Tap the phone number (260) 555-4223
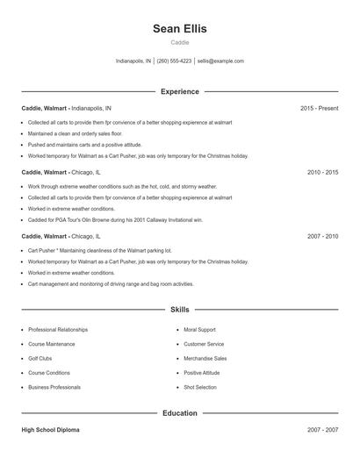coord(174,61)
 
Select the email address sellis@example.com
coord(220,61)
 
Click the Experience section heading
coord(179,91)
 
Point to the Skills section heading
coord(179,310)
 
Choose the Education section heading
coord(179,412)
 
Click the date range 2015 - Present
coord(319,108)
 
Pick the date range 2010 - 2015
coord(322,173)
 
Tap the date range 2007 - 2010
coord(322,237)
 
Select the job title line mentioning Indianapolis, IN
coord(67,108)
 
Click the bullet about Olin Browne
coord(115,220)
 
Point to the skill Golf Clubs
coord(40,358)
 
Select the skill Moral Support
coord(199,330)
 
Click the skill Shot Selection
coord(200,387)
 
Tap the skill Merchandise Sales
coord(205,358)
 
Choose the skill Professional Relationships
coord(58,330)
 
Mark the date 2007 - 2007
coord(322,430)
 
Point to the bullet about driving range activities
coord(111,284)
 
